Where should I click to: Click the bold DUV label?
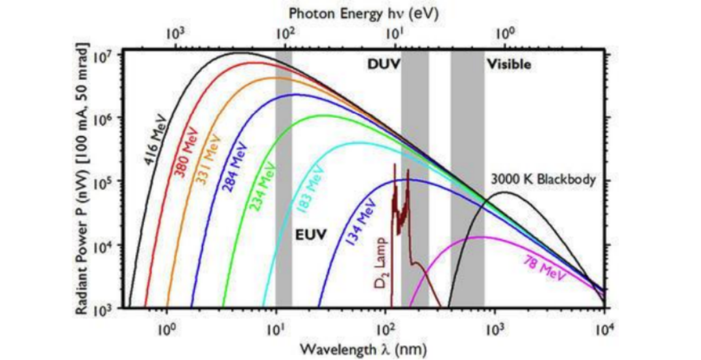coord(380,64)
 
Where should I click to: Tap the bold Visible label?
coord(509,64)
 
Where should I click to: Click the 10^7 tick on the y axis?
coord(105,56)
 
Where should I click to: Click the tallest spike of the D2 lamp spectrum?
coord(394,166)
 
